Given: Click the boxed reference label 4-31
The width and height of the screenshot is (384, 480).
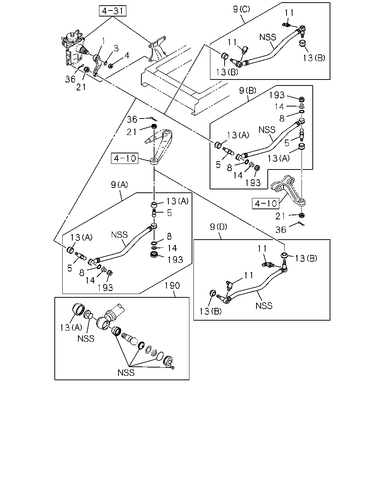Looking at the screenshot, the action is tap(112, 11).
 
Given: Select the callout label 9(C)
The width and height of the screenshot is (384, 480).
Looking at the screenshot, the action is tap(241, 9).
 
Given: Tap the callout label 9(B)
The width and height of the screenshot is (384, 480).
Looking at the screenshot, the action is tap(247, 91).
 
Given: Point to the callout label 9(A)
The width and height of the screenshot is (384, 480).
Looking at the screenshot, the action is tap(119, 184).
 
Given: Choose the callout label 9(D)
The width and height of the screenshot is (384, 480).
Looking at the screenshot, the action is tap(219, 227).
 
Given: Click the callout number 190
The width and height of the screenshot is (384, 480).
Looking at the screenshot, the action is tap(172, 286).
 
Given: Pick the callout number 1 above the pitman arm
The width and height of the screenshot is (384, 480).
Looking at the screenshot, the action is tap(103, 41).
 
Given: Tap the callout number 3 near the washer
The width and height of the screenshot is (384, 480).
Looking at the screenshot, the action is tap(116, 48).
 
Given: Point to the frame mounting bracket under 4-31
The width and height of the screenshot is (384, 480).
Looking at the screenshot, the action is tap(157, 49).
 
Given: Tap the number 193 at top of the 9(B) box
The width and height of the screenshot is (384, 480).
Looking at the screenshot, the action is tap(277, 95).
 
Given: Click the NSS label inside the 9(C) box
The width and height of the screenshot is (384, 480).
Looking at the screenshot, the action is tap(267, 37).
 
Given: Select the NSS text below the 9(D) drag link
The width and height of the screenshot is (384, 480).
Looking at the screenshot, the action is tap(264, 306).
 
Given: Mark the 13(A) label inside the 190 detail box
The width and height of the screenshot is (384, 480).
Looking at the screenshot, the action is tap(71, 328).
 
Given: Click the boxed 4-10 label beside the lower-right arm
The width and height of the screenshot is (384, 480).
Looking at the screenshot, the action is tap(265, 203).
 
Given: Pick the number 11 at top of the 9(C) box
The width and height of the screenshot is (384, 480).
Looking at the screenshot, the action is tap(289, 13).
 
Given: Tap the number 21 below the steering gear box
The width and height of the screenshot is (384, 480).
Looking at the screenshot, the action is tap(81, 87).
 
